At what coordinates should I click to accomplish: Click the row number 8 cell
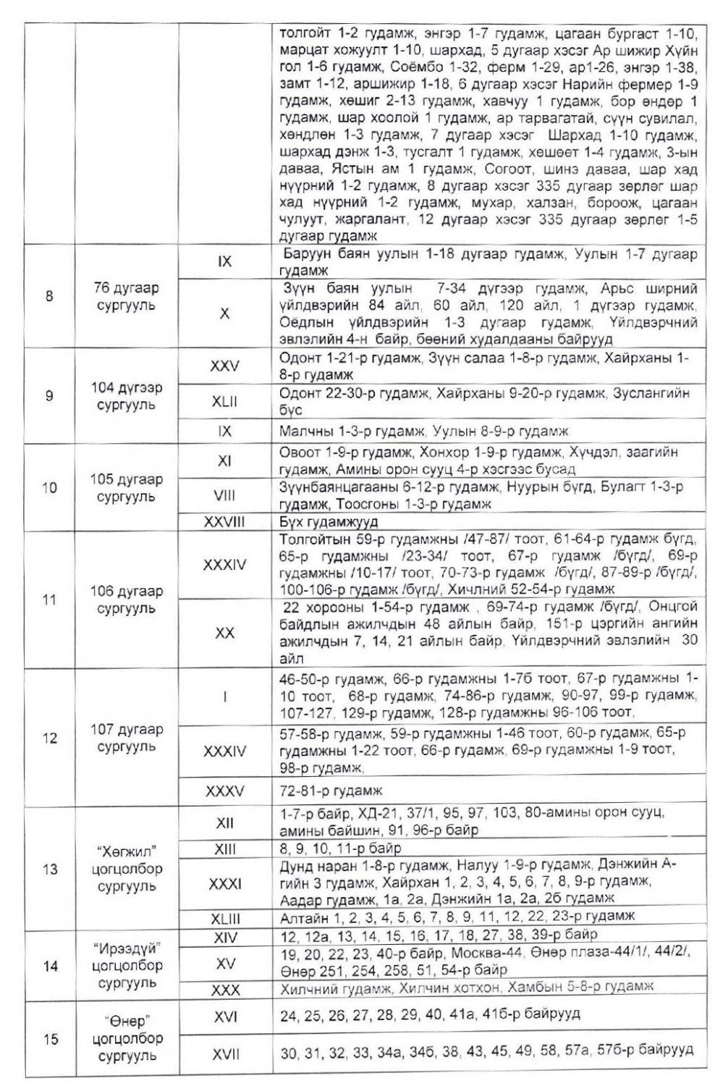pos(49,296)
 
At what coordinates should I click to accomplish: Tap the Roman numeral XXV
pos(224,367)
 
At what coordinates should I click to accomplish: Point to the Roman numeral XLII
pos(224,401)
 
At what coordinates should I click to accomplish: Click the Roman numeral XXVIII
pos(224,521)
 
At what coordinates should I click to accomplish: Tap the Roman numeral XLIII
pos(224,918)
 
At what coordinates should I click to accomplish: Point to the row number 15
pos(49,1040)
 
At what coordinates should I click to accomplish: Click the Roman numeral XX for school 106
pos(224,632)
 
